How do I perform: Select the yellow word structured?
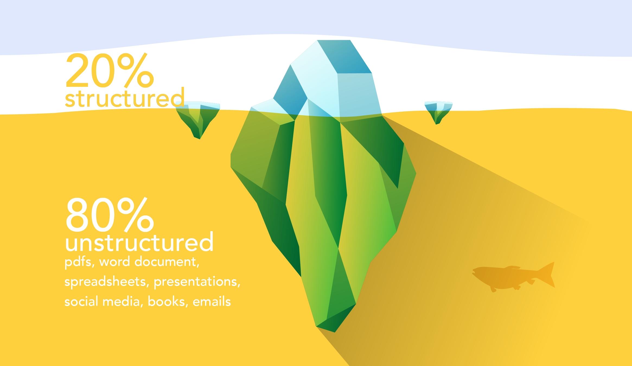(125, 98)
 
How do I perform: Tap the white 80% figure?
(110, 214)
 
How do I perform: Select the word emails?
(212, 301)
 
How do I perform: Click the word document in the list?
(167, 262)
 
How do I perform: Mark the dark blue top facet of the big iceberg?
(344, 57)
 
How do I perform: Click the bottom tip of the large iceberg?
(335, 332)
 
